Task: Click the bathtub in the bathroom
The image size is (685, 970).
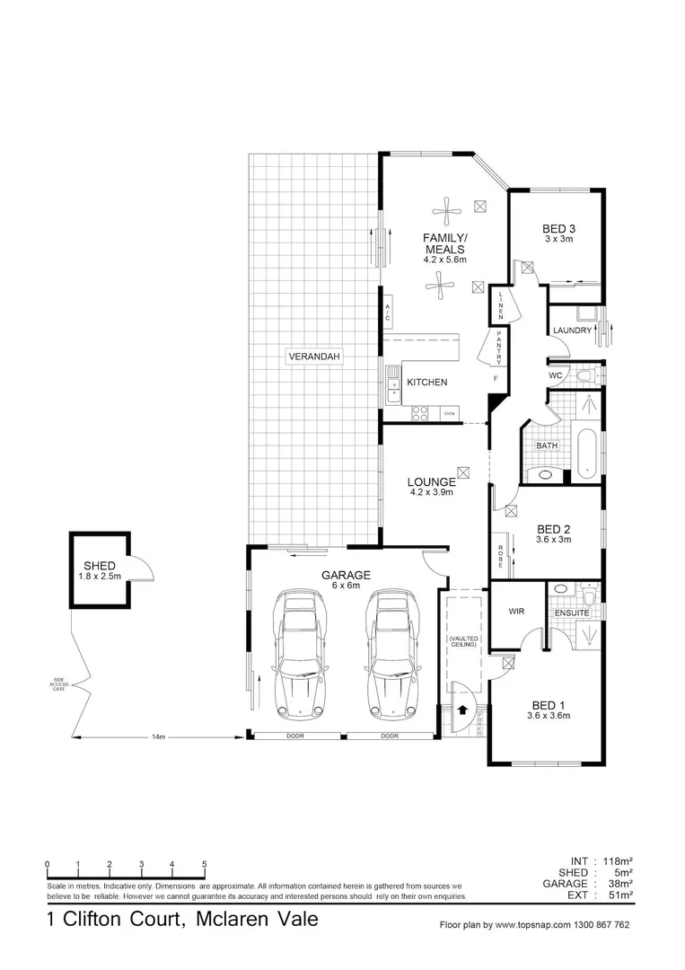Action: [x=587, y=454]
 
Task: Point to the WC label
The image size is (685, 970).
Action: [x=556, y=375]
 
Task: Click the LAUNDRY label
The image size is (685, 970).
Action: [x=573, y=331]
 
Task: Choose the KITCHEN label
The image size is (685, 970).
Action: [x=426, y=383]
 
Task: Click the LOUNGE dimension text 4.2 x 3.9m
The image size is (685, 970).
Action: [x=431, y=492]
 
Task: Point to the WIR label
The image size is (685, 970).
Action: [x=516, y=611]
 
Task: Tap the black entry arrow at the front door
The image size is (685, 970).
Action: [x=462, y=709]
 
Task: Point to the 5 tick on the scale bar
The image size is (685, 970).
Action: [x=204, y=865]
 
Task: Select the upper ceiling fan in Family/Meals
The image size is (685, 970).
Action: [x=446, y=212]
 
